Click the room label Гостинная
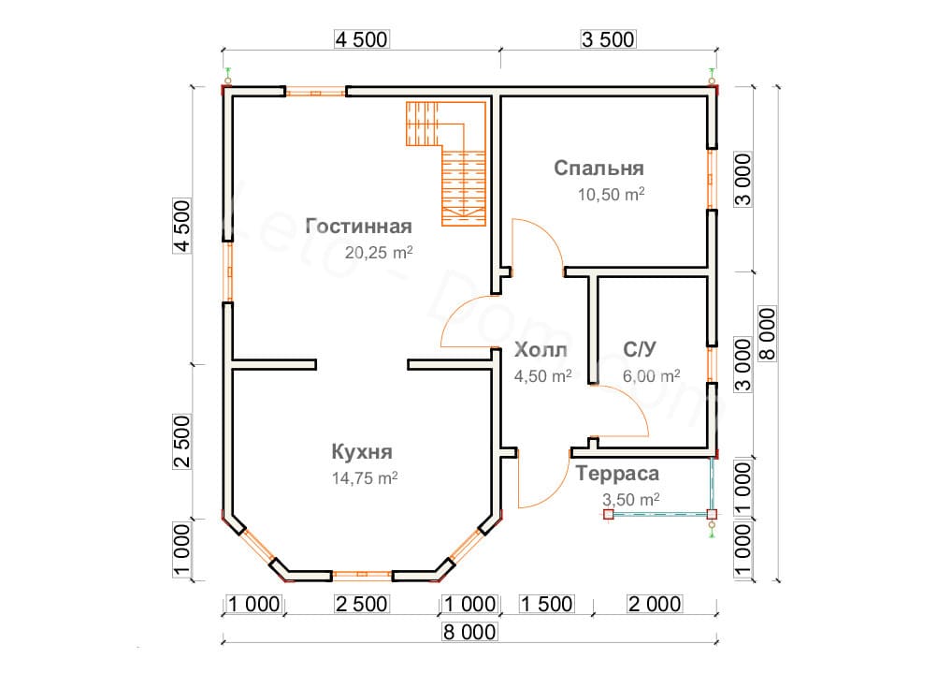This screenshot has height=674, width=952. point(359,227)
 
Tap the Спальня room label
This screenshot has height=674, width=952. point(599,168)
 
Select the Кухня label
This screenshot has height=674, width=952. point(361,451)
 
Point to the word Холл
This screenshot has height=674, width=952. point(541,351)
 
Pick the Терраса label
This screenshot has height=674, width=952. point(617,474)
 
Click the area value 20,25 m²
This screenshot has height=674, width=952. point(379,253)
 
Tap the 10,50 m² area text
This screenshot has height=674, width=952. point(613,195)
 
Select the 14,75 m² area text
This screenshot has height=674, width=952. point(365,477)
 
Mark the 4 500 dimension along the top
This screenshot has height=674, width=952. point(360,39)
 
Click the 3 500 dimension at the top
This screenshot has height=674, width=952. point(608,39)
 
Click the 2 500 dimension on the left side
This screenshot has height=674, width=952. point(183,441)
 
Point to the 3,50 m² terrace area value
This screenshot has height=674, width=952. point(630,499)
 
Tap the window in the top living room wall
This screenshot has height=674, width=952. point(316,92)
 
